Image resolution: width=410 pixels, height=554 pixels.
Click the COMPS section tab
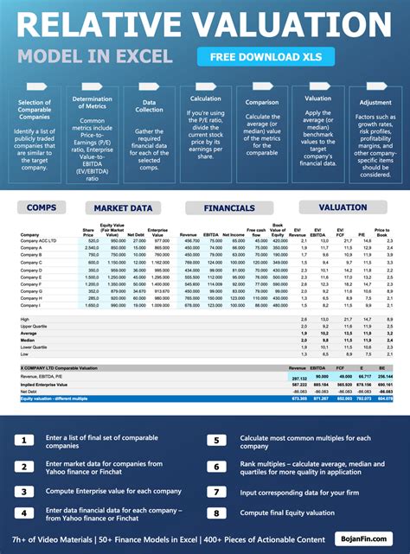[41, 208]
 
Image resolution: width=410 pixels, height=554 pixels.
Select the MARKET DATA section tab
[123, 208]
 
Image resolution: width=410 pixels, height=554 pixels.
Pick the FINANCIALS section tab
[229, 208]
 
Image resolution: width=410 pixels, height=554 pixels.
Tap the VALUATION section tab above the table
[343, 208]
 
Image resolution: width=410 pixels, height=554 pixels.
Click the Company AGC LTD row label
[38, 240]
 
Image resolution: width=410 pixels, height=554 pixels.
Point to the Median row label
[27, 341]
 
